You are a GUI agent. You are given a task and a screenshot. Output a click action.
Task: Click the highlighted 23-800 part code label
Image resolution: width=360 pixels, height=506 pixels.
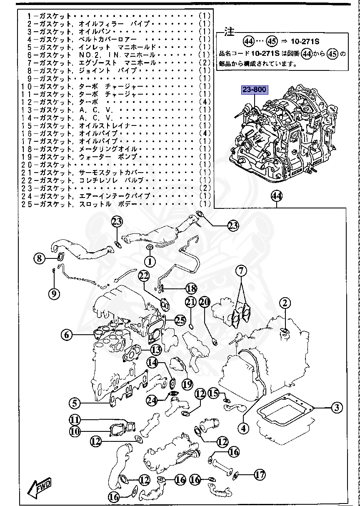(x=254, y=90)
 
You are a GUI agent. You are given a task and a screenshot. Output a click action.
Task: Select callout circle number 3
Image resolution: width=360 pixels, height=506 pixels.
(x=337, y=408)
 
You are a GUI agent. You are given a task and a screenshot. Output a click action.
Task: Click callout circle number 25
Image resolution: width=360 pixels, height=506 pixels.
(x=180, y=320)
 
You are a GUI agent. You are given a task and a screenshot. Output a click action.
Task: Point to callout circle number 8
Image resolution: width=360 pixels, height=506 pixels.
(x=40, y=259)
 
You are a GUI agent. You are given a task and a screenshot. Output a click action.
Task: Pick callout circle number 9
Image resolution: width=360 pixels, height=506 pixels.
(x=53, y=294)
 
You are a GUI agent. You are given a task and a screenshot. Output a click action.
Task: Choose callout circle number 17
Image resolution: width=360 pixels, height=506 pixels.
(x=260, y=474)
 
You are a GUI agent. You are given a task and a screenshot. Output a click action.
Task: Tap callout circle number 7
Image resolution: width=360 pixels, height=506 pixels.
(x=240, y=271)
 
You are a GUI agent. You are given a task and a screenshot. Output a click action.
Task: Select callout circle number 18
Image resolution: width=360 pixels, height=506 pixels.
(x=191, y=288)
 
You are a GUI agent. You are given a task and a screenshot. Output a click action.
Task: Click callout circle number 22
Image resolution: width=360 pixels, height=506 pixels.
(x=143, y=275)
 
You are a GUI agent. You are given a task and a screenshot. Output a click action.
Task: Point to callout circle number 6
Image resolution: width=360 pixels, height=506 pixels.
(x=67, y=334)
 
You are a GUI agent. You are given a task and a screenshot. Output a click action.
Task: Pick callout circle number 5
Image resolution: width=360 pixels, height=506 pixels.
(x=75, y=403)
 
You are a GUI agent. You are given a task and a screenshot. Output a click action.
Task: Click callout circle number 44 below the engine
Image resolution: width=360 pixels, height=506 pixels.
(x=276, y=195)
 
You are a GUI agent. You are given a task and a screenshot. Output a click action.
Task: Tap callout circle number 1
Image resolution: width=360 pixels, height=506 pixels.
(x=150, y=262)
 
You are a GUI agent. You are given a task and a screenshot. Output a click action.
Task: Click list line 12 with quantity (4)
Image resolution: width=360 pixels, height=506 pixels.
(x=117, y=102)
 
